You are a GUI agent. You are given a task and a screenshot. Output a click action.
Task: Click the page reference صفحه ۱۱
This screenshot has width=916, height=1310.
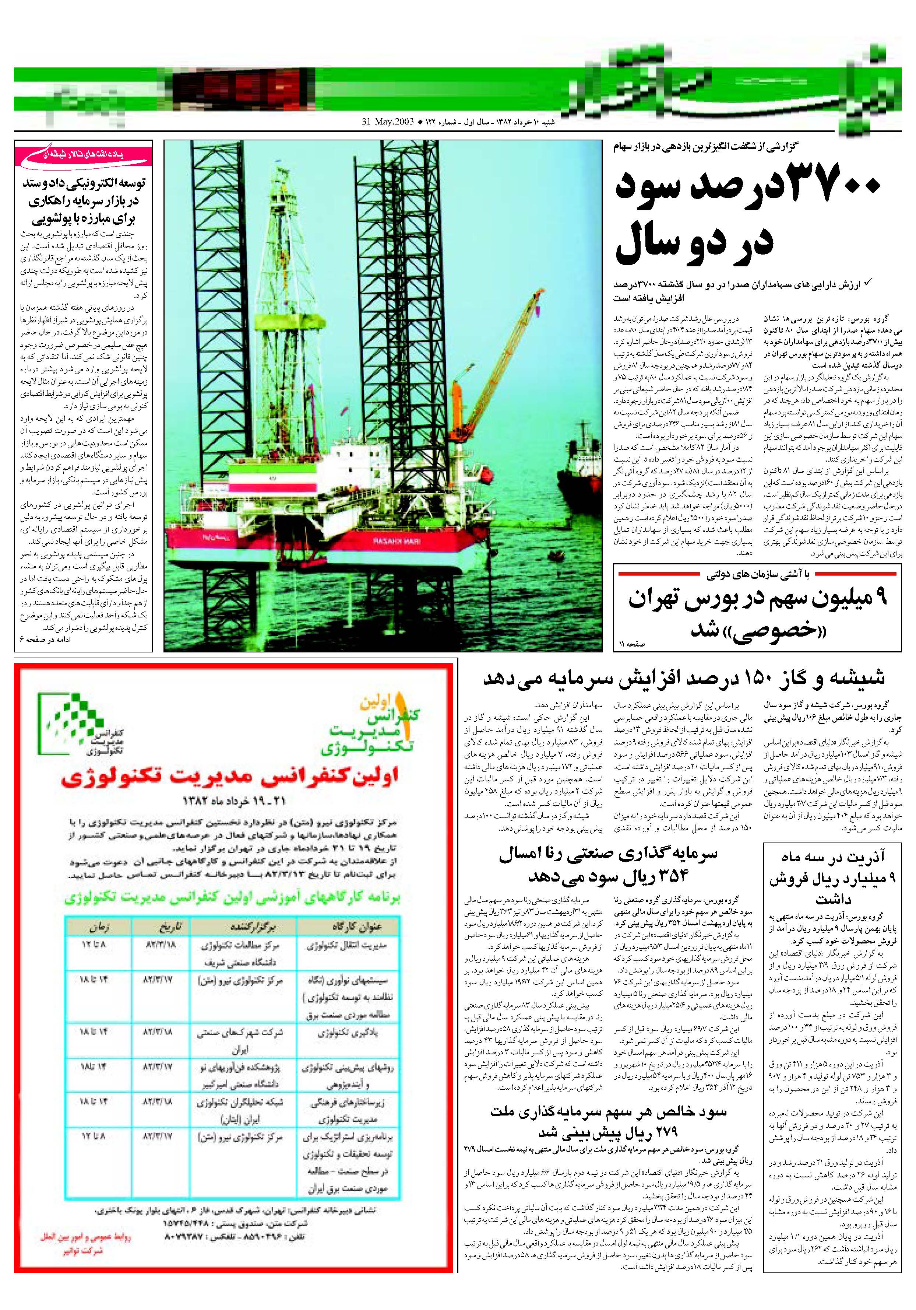[631, 644]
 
